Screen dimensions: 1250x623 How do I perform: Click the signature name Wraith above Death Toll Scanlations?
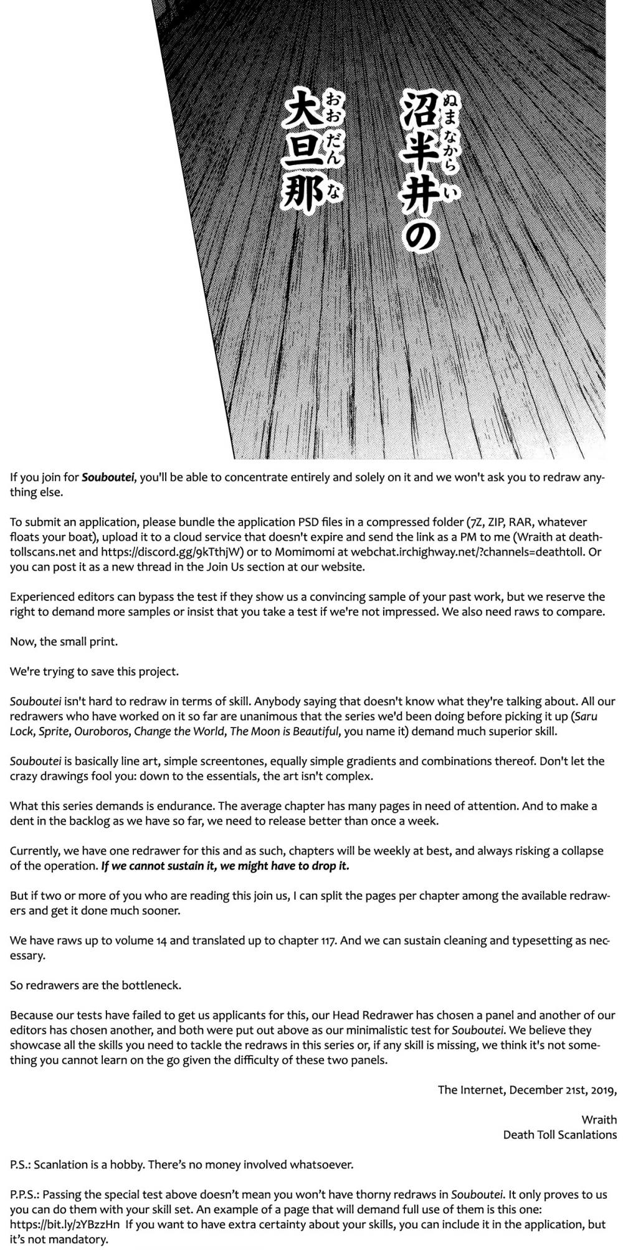point(599,1119)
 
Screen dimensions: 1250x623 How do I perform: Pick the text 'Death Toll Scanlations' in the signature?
point(559,1134)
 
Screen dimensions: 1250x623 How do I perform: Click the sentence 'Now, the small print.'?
point(55,641)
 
